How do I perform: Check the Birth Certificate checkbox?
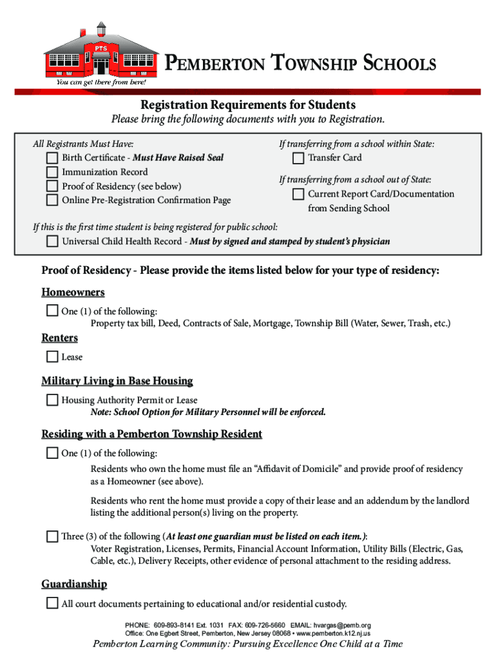click(52, 158)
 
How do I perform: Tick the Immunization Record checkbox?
click(52, 172)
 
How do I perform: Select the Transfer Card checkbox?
click(298, 158)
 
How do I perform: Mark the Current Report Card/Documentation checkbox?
click(298, 194)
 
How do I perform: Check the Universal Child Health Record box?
click(52, 242)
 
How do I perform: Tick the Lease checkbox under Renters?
click(52, 356)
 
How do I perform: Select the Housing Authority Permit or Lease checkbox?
click(52, 400)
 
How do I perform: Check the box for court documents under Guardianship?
click(52, 604)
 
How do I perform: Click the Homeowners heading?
click(73, 293)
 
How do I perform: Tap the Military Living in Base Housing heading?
click(117, 381)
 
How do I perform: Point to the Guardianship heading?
click(74, 584)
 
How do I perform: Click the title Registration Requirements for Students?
click(248, 104)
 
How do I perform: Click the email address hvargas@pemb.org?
click(342, 625)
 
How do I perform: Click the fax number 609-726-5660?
click(265, 625)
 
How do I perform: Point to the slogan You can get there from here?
click(101, 82)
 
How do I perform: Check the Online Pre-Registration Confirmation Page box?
click(52, 200)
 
